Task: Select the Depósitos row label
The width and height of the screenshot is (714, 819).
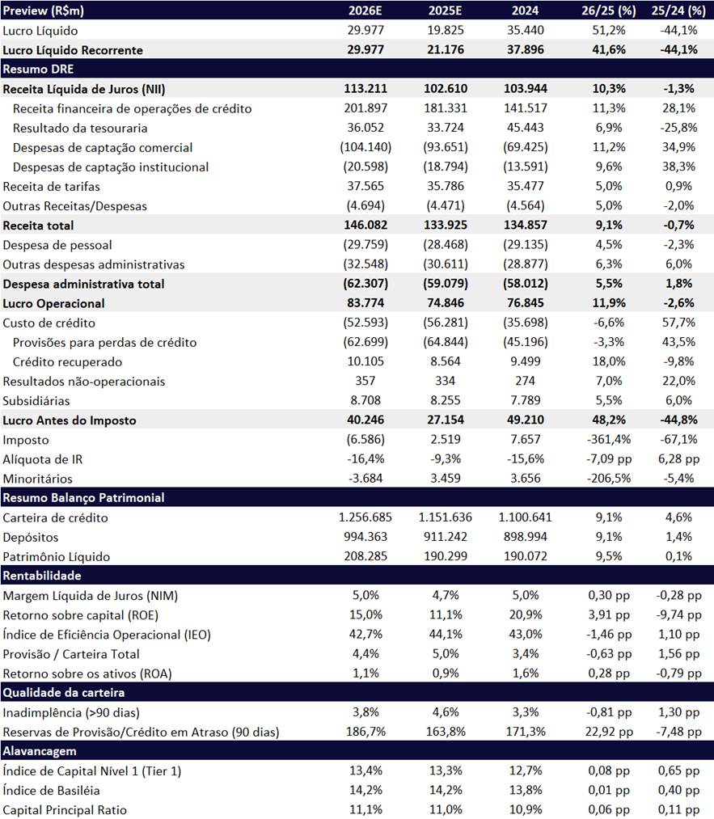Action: tap(30, 537)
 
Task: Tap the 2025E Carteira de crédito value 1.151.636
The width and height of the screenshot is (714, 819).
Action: tap(446, 517)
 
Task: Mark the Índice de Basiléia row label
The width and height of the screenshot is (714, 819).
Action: tap(52, 790)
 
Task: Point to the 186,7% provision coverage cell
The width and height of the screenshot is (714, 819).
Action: tap(365, 732)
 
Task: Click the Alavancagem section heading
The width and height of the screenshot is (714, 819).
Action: tap(39, 751)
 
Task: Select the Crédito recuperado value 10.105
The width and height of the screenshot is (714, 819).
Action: tap(365, 361)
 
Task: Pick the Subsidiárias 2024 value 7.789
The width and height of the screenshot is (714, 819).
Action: tap(525, 400)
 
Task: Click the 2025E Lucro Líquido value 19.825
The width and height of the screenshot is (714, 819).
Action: tap(446, 31)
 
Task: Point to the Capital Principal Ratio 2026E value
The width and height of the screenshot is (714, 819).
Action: tap(365, 809)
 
